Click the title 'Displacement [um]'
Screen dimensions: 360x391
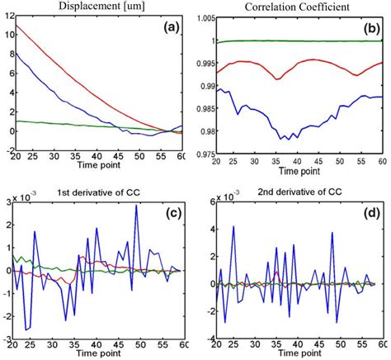(94, 7)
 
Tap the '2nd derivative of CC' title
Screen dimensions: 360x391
(292, 193)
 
